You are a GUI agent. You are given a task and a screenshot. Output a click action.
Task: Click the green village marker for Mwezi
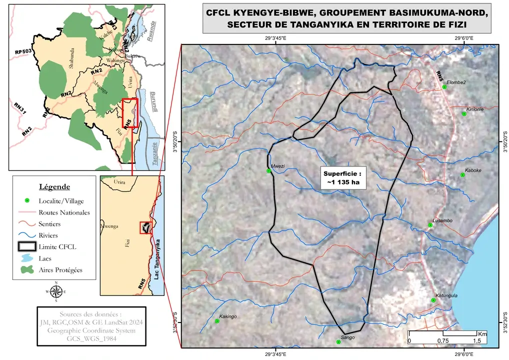(268, 171)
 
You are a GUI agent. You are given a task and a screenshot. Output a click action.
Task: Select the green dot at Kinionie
(464, 114)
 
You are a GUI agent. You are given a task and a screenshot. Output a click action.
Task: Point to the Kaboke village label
(472, 170)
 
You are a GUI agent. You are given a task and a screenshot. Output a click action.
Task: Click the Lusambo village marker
(430, 225)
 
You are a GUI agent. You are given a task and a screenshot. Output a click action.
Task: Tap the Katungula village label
(446, 295)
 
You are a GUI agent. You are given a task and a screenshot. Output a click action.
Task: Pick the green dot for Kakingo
(217, 321)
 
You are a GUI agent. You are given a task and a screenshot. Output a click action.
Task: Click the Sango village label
(347, 337)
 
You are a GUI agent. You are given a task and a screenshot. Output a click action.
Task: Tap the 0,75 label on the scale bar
(443, 340)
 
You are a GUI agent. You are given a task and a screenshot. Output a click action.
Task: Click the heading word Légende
(54, 186)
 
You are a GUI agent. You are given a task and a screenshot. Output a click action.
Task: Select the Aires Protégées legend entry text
(60, 270)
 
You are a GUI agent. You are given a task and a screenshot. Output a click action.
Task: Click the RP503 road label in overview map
(23, 52)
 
